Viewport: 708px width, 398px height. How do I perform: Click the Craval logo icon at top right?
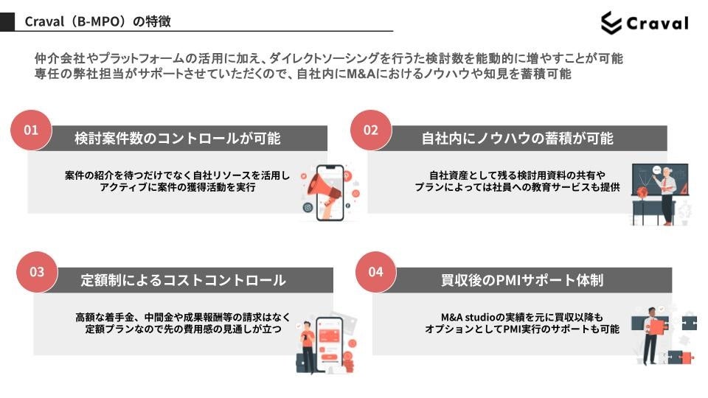pyautogui.click(x=611, y=23)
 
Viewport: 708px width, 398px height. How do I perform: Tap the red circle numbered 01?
pyautogui.click(x=31, y=130)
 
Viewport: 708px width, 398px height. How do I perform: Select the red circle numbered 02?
pyautogui.click(x=370, y=130)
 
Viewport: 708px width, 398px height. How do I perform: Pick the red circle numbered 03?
pyautogui.click(x=37, y=271)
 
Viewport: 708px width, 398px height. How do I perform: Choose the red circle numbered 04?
pyautogui.click(x=376, y=271)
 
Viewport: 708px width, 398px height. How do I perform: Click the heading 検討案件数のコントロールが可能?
pyautogui.click(x=178, y=139)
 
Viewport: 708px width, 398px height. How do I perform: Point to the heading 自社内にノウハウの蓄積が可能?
pyautogui.click(x=518, y=139)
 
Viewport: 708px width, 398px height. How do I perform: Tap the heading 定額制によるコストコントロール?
pyautogui.click(x=183, y=280)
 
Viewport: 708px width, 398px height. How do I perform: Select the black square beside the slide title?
pyautogui.click(x=7, y=22)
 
